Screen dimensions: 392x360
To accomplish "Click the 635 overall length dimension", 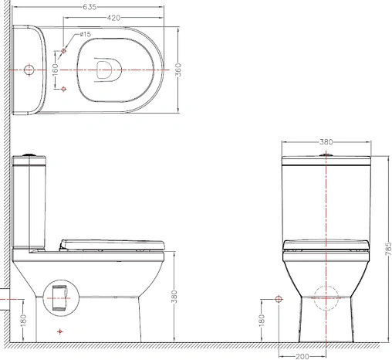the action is tap(90, 7).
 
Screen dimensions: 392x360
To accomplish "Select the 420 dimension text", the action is tap(113, 18).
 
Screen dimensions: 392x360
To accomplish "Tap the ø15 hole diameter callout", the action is tap(85, 34).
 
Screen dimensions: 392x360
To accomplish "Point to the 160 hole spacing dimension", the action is tap(56, 70).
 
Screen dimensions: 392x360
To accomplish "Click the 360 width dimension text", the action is tap(178, 70).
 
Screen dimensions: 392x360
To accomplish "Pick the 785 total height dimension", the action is tap(388, 249).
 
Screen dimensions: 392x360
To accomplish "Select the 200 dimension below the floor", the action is tap(302, 356).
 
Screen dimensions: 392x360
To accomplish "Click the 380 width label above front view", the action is tap(326, 142).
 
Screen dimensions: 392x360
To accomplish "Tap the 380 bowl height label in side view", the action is tap(174, 297).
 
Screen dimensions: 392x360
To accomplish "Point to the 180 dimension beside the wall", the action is tap(23, 321).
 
